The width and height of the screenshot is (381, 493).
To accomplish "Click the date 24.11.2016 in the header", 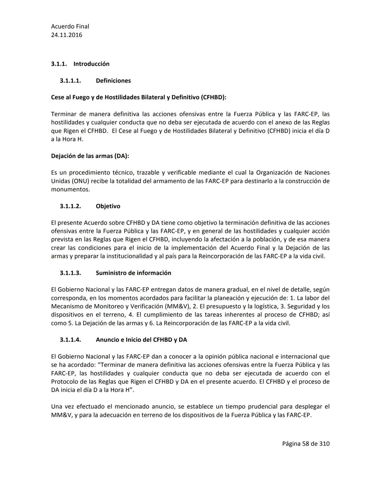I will tap(67, 35).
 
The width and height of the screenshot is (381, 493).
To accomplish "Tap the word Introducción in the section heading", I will tap(91, 64).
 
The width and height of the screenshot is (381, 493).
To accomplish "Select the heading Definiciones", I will tap(113, 81).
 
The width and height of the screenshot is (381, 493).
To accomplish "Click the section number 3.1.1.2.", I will tap(70, 206).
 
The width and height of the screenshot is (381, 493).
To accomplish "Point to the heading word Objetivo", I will tap(108, 206).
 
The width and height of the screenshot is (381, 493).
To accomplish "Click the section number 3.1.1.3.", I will tap(70, 273).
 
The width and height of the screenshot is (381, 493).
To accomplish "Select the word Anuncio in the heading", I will tap(108, 340).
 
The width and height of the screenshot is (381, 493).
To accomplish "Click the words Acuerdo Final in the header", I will tap(70, 26).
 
